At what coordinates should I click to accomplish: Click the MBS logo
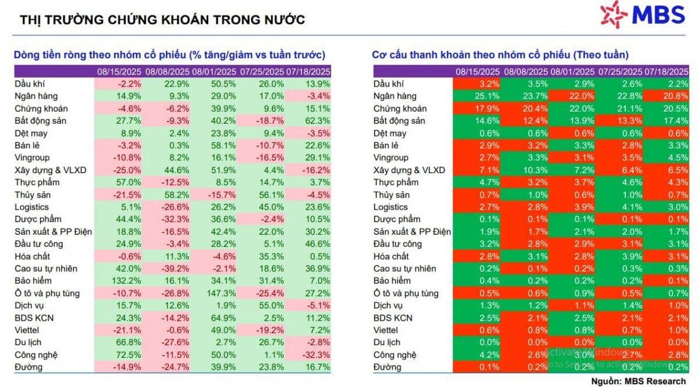pyautogui.click(x=643, y=15)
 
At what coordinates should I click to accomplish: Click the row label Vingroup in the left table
pyautogui.click(x=32, y=158)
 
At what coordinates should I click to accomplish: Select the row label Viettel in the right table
pyautogui.click(x=386, y=330)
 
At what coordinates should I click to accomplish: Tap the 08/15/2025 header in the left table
pyautogui.click(x=119, y=72)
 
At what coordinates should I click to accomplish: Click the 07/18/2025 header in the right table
pyautogui.click(x=666, y=72)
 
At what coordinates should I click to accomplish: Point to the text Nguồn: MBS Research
pyautogui.click(x=639, y=381)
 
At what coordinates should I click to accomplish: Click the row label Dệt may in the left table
pyautogui.click(x=31, y=134)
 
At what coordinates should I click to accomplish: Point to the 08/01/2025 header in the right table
pyautogui.click(x=572, y=72)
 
